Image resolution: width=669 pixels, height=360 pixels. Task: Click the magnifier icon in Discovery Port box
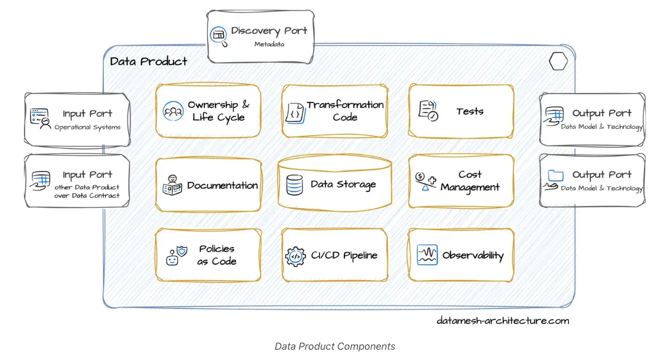(218, 35)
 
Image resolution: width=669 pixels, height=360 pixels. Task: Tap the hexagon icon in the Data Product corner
(558, 62)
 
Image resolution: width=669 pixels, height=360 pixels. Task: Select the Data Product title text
(148, 62)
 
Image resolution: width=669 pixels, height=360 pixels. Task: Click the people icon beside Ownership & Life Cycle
(172, 111)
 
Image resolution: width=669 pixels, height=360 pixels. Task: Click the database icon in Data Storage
(295, 185)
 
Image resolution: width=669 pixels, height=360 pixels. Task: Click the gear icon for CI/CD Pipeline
(295, 256)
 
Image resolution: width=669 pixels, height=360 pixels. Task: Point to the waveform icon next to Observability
(427, 255)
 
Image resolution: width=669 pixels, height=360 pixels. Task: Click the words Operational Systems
(87, 127)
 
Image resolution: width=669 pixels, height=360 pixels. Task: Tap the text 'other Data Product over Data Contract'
(87, 191)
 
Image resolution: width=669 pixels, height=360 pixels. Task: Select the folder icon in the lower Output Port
(554, 177)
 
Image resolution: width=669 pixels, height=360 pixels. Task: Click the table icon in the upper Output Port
(554, 115)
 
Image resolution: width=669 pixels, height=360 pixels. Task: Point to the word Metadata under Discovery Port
(269, 44)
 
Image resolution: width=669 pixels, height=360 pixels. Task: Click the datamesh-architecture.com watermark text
(502, 320)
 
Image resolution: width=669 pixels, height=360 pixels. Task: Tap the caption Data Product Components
(335, 346)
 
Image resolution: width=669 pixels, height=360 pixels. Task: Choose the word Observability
(473, 256)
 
